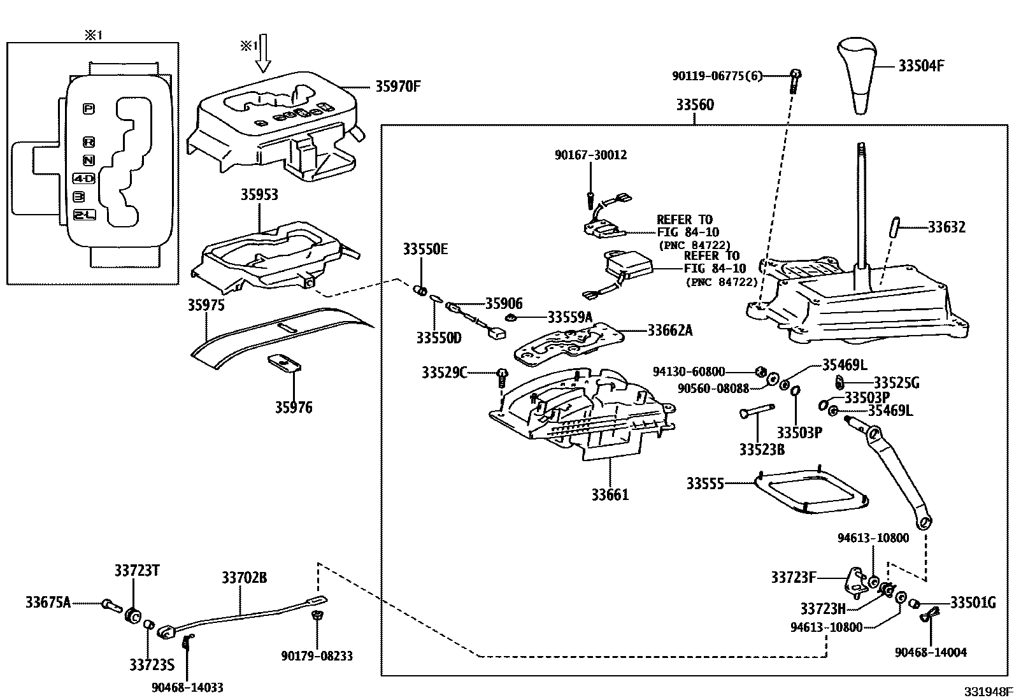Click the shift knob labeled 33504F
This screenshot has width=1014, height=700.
(x=860, y=75)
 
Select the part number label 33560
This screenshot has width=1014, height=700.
(x=695, y=105)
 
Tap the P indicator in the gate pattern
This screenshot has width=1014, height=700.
(x=89, y=109)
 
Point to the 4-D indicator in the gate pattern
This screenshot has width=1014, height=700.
(x=83, y=179)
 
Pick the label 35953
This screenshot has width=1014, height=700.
(x=259, y=194)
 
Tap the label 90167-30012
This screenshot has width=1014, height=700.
(x=590, y=155)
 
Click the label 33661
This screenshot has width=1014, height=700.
(x=610, y=494)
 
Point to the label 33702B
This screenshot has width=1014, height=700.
(x=244, y=578)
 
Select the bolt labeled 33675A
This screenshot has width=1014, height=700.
(x=109, y=604)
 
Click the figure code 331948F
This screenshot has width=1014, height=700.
(x=987, y=692)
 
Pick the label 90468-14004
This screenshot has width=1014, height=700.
(x=931, y=652)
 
